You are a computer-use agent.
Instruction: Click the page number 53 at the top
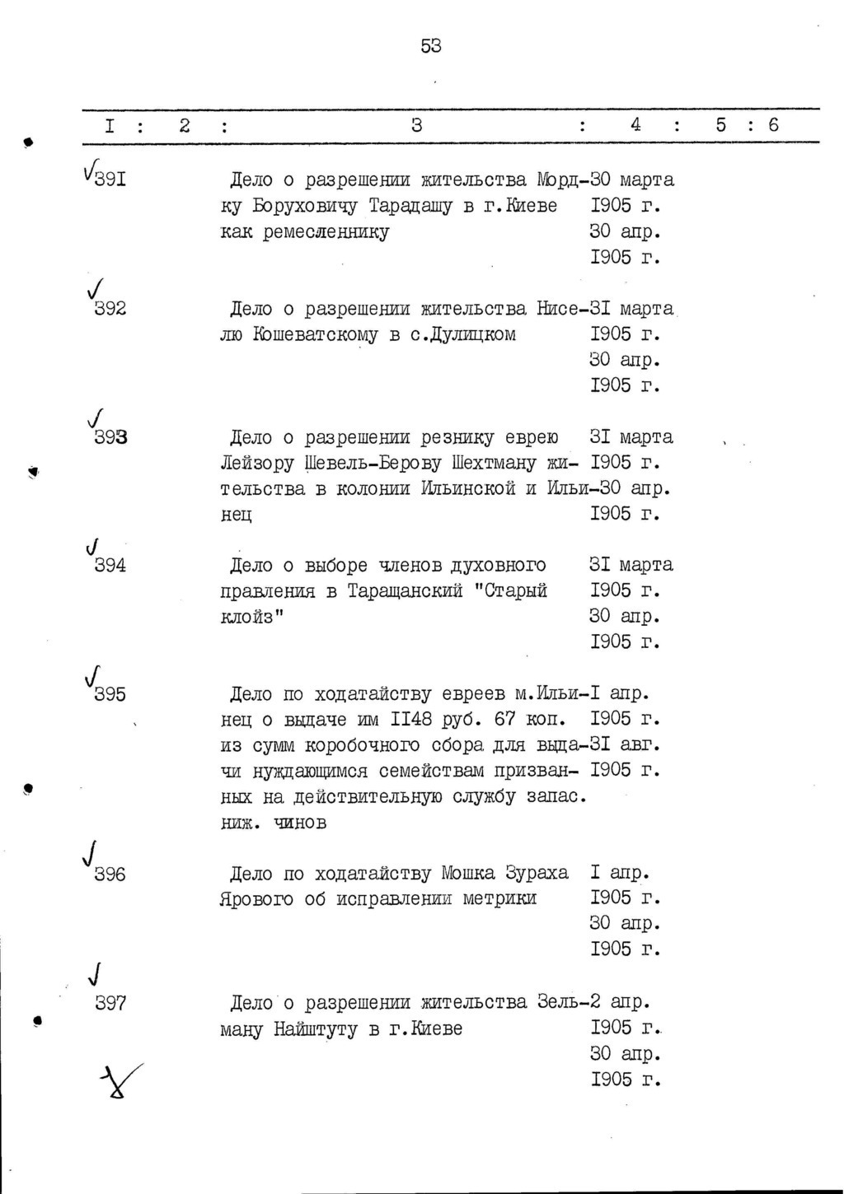click(431, 47)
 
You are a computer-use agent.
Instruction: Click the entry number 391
click(110, 179)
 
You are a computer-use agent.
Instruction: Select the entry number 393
click(110, 436)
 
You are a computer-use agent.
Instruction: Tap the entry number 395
click(110, 694)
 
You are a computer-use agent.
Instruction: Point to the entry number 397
click(110, 1003)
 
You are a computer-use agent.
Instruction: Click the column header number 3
click(416, 125)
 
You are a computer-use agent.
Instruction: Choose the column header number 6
click(772, 125)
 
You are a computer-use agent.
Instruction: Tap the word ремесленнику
click(326, 231)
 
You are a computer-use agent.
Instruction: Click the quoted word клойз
click(250, 617)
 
